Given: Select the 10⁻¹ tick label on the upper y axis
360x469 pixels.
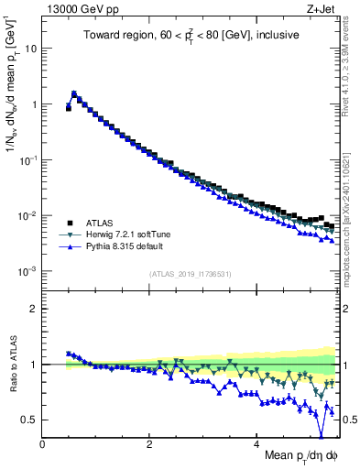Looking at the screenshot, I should (x=27, y=160).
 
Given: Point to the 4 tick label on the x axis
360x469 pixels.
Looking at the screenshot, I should (x=256, y=445).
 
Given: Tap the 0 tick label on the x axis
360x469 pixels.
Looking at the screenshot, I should (x=42, y=445).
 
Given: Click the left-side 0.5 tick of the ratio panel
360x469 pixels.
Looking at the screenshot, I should (x=30, y=420).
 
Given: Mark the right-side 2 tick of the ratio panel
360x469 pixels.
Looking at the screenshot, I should (x=344, y=309).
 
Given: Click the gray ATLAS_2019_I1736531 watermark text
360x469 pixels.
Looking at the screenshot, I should (x=191, y=274).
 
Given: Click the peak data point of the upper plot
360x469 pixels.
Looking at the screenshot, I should (x=74, y=93).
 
